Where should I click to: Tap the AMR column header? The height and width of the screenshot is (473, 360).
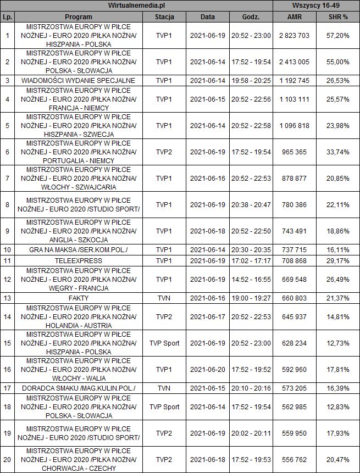coord(295,17)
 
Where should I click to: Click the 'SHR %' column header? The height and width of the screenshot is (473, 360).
coord(338,17)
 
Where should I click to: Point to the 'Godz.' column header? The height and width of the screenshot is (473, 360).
coord(251,17)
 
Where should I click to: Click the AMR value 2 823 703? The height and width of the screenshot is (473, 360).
coord(295,35)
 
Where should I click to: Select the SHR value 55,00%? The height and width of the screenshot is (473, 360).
coord(338,62)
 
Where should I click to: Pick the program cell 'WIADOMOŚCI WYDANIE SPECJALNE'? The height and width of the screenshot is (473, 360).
coord(77,80)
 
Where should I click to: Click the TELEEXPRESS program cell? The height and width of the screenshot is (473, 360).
coord(77,258)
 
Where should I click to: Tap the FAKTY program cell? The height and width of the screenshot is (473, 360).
coord(77,298)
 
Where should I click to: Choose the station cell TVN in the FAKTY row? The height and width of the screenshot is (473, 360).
coord(164,298)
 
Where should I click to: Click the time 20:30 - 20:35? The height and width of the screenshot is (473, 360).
coord(251,249)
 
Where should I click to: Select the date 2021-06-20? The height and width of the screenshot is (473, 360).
coord(207,369)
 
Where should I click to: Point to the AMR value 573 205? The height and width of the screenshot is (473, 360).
coord(295,388)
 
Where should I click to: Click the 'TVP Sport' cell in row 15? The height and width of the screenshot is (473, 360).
coord(164,343)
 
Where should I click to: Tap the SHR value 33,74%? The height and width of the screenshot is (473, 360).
coord(338,151)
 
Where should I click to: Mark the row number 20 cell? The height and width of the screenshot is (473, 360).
coord(7,460)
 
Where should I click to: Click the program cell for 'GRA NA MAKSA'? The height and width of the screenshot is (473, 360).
coord(77,249)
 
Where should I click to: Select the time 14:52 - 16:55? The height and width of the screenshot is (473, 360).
coord(251,279)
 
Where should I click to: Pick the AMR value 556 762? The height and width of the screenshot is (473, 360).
coord(295,460)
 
